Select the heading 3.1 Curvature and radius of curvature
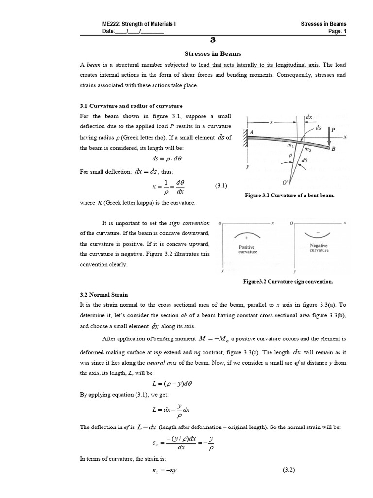(131, 106)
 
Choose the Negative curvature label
(319, 248)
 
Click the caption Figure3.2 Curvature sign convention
(288, 281)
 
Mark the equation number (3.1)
(221, 186)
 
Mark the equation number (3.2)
(288, 470)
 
